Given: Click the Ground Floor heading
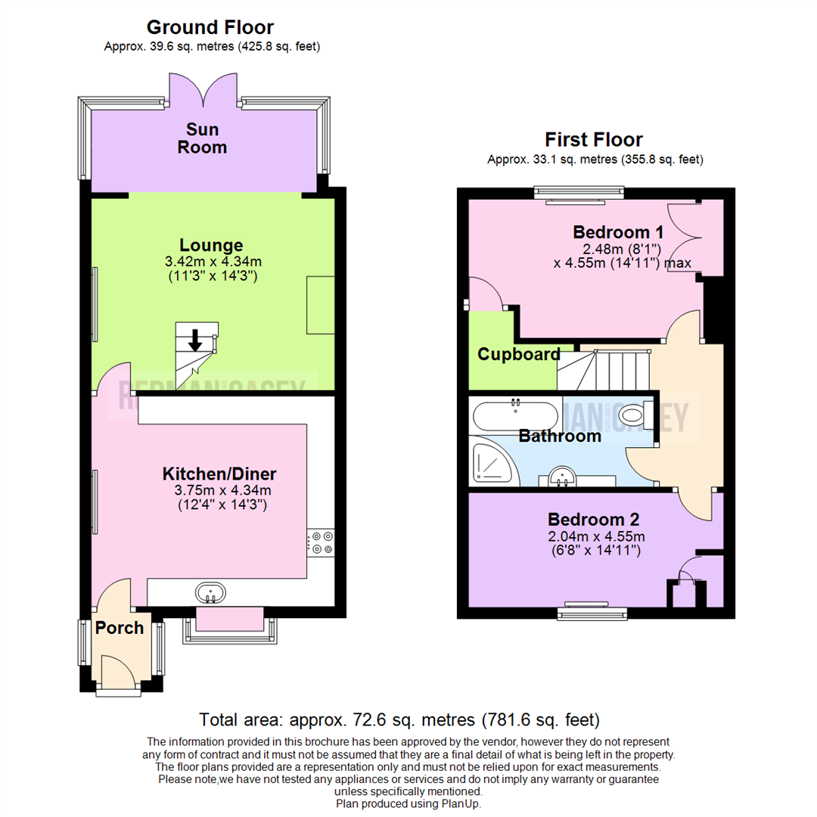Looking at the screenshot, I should tap(210, 28).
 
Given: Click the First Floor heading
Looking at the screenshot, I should tap(594, 140).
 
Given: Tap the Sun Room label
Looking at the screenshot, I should tap(202, 139).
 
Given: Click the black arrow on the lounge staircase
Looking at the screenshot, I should tap(195, 341).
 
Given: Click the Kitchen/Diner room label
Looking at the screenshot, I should tap(219, 474).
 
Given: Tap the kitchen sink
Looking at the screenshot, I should tap(210, 592).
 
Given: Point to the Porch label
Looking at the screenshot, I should tap(119, 628).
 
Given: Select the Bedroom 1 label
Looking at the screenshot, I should tap(612, 232).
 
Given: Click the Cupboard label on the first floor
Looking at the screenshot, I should tap(519, 354).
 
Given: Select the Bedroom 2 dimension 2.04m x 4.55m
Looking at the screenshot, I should tap(594, 536).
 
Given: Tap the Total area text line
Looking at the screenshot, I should tap(399, 719).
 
